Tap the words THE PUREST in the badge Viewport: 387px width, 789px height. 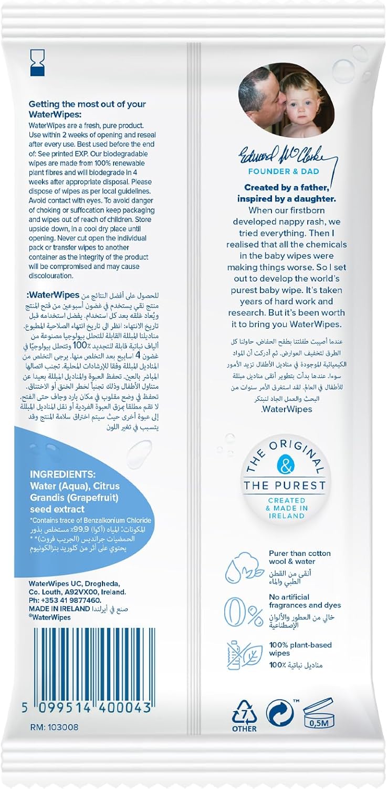(x=285, y=485)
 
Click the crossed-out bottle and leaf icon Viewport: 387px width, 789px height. (x=243, y=655)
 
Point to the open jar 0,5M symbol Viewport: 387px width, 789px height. (x=318, y=714)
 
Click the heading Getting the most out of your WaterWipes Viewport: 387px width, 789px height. (x=87, y=108)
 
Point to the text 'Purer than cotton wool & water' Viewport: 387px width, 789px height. (x=300, y=558)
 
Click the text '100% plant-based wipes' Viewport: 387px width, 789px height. (x=300, y=649)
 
